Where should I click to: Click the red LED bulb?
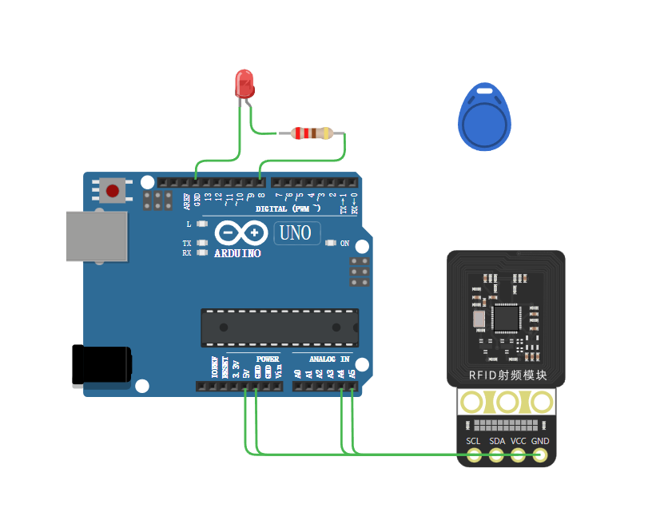[x=245, y=83]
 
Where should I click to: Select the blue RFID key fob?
[x=485, y=119]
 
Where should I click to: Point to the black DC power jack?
[x=101, y=364]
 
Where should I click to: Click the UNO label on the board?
[x=297, y=233]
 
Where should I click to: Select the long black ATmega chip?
[x=279, y=328]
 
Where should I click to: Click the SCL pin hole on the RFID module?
[x=475, y=455]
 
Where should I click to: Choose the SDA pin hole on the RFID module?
[x=496, y=455]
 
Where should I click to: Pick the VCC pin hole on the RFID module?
[x=519, y=455]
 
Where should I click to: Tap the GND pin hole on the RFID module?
[x=541, y=455]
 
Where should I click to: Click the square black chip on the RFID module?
[x=507, y=317]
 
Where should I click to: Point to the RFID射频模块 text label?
[x=507, y=375]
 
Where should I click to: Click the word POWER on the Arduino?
[x=268, y=359]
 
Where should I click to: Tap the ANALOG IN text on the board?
[x=329, y=359]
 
